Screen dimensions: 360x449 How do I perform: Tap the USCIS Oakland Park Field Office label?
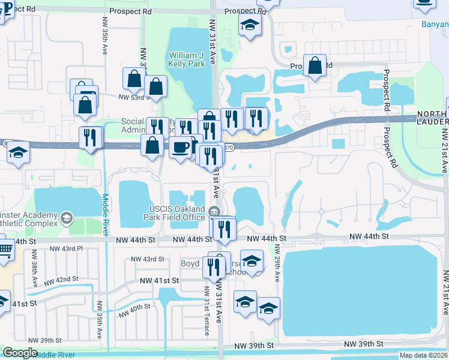coord(177,213)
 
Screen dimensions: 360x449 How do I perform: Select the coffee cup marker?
coord(179,147)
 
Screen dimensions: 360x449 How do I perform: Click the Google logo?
coord(20,352)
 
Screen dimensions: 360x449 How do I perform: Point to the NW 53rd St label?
coord(132,97)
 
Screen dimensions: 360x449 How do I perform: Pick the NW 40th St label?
coord(134,310)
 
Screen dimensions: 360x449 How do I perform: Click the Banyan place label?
coord(435,25)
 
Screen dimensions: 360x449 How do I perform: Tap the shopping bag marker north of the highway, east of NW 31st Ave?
coord(315,65)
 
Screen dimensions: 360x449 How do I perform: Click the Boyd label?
coord(190,264)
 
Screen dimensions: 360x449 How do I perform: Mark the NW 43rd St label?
coord(148,259)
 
